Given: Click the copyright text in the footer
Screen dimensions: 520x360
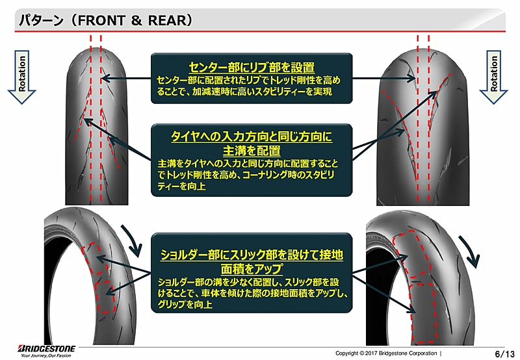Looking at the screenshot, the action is [387, 353].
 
